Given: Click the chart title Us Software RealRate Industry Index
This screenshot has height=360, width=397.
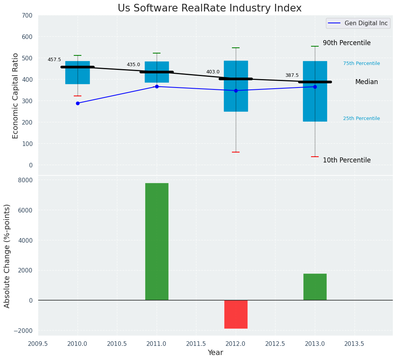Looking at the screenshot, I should coord(209,8).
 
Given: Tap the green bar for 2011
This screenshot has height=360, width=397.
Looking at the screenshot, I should coord(157,242).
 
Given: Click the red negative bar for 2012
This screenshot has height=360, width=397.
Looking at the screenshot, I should coord(236,314).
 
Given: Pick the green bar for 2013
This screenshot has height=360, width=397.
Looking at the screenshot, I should coord(315,287).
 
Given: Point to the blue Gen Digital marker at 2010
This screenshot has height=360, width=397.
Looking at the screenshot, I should coord(78,103).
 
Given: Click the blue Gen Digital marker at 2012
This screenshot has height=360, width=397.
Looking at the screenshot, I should coord(236,91).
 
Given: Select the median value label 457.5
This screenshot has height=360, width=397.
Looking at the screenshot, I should coord(54,60).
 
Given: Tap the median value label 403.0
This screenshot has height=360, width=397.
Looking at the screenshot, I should coord(213,72).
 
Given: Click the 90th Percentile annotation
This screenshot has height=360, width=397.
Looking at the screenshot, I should coord(347,43).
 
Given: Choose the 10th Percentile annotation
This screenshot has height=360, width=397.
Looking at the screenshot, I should coord(347,160).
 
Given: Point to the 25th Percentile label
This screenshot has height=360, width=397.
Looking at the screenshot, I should coord(361,118).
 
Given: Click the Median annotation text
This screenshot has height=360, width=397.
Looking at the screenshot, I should coord(366,82).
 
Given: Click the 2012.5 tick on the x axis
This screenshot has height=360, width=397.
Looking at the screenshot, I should coord(275,344).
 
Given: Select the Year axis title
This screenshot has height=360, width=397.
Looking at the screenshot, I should coord(216,353).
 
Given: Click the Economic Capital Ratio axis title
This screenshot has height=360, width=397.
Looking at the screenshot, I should coord(15,96).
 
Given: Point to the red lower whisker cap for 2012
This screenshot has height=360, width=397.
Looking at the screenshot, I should coord(236,152).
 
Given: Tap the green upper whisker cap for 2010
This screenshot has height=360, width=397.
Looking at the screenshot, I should coord(78,55).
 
